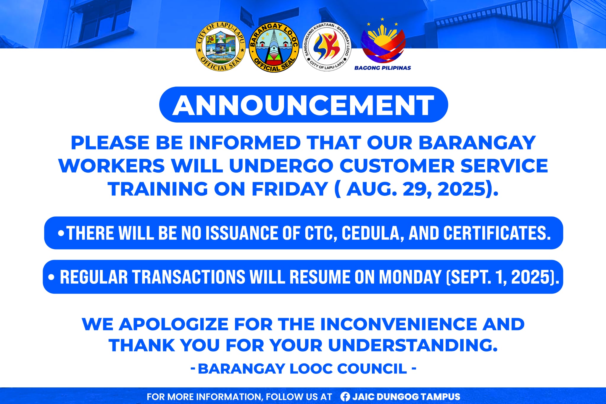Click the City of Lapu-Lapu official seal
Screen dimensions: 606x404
pos(221,47)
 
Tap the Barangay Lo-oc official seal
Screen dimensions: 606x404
pos(274,48)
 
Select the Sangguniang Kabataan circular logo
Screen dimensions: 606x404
pos(327,47)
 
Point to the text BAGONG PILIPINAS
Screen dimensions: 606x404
pos(383,68)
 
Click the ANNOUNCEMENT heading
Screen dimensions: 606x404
pos(303,105)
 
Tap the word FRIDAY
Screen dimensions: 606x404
pos(289,189)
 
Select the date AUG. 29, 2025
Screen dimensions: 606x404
pos(417,189)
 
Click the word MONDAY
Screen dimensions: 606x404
pos(410,277)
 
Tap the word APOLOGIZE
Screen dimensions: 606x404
pos(173,324)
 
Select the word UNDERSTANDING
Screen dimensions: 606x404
pos(413,345)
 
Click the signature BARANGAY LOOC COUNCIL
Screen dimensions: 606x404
pos(302,369)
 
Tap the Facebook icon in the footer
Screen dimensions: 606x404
pos(345,397)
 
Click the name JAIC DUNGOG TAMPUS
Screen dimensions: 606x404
pos(406,397)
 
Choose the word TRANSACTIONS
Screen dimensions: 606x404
pos(188,277)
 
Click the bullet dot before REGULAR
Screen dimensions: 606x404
pos(51,277)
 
